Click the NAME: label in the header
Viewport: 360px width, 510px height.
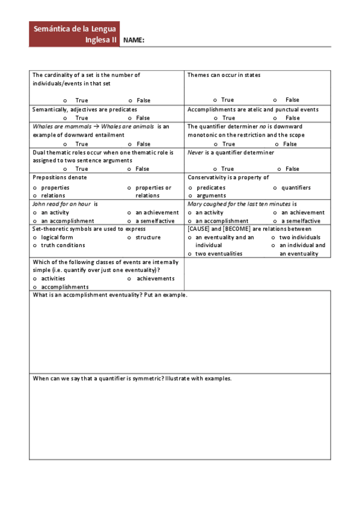pos(133,40)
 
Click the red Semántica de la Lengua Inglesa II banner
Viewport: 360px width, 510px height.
pos(74,34)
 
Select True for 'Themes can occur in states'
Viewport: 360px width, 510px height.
pos(215,100)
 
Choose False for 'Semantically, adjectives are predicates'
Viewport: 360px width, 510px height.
pos(130,118)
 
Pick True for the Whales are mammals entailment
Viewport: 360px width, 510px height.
pos(66,144)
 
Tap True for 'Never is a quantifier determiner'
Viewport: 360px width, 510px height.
pos(215,170)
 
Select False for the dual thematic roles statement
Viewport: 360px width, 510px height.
pos(130,170)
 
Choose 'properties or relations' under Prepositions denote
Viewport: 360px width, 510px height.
pos(130,188)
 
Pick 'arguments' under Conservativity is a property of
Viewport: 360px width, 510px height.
pos(190,196)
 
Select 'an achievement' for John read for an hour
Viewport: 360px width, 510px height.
pos(130,212)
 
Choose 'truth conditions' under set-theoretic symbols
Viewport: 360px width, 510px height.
pos(35,245)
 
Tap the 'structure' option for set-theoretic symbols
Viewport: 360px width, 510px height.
pos(130,238)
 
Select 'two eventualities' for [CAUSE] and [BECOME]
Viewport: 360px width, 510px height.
pos(190,254)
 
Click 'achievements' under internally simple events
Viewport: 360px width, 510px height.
pos(130,278)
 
